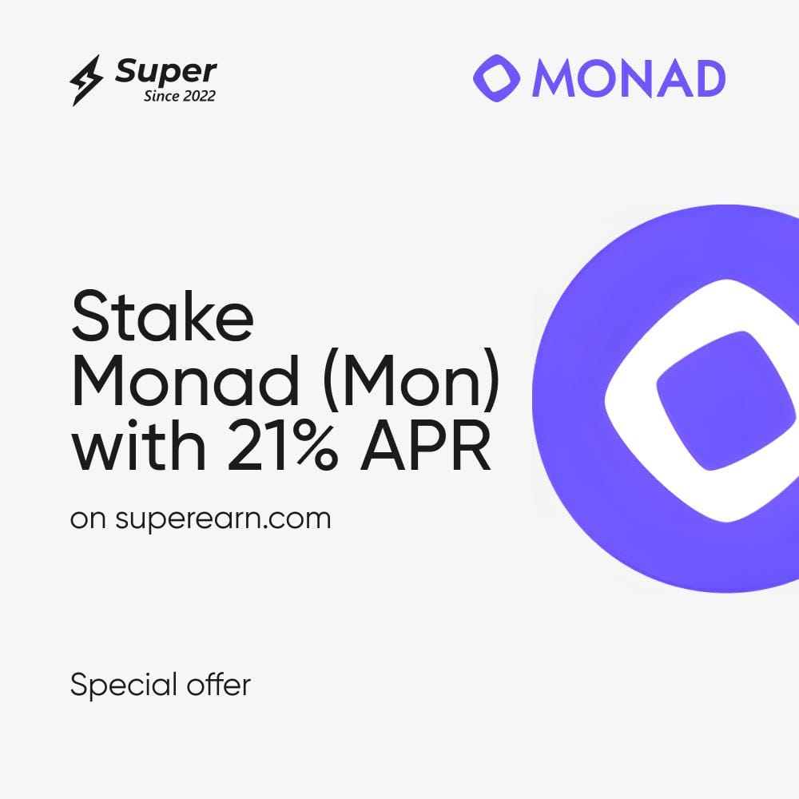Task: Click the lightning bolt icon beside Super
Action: [85, 80]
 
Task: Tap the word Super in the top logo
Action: [165, 73]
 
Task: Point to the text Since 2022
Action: [179, 97]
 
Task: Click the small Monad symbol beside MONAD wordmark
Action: [496, 78]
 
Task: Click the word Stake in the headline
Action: [162, 317]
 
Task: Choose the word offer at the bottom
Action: [218, 685]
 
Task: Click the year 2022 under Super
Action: [197, 97]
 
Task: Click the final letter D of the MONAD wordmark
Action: [706, 78]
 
